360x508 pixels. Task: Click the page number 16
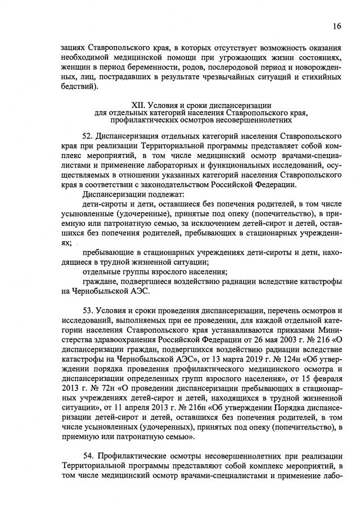(x=336, y=26)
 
